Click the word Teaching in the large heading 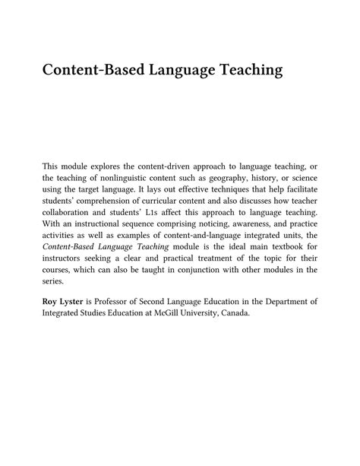click(242, 70)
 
